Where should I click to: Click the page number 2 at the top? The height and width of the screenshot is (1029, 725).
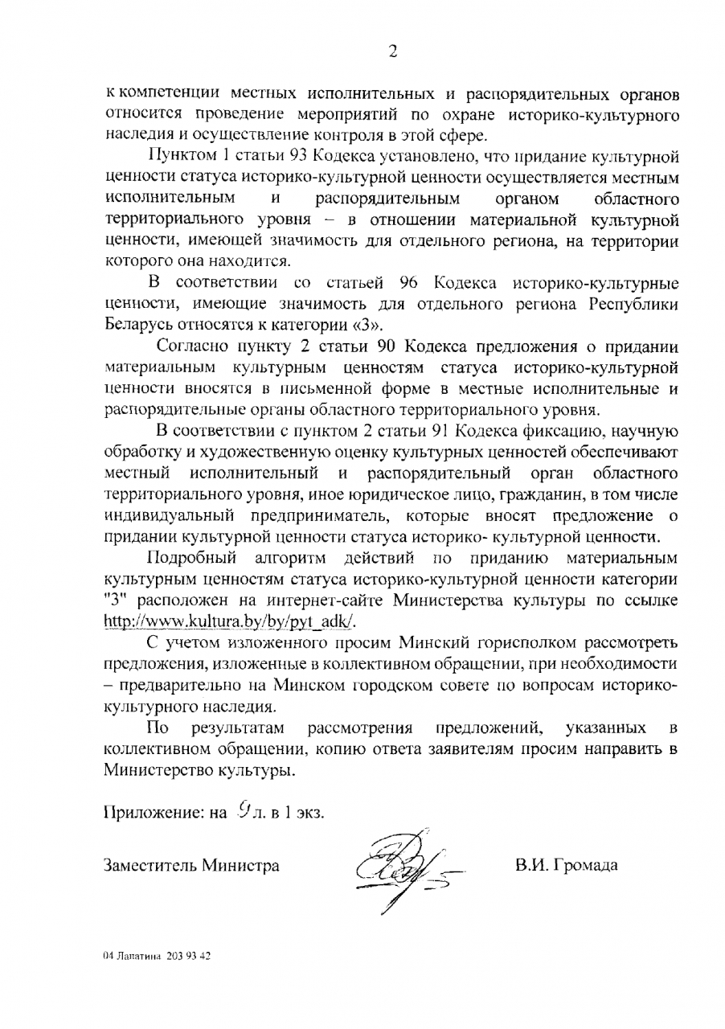(393, 53)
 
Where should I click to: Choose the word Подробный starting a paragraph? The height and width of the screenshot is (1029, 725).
(190, 557)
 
